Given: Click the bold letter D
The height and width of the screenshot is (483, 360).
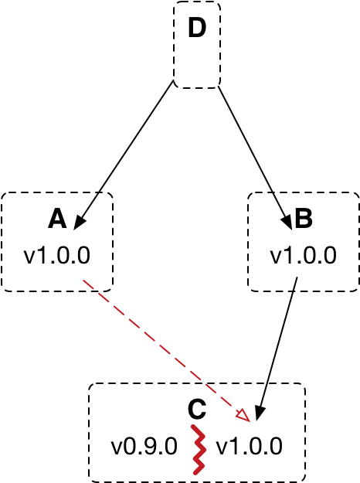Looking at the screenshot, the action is click(197, 28).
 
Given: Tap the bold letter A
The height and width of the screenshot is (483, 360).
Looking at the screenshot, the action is click(57, 219).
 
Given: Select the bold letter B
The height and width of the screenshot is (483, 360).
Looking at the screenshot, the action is click(304, 219).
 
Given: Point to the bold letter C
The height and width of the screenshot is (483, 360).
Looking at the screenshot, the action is click(197, 410).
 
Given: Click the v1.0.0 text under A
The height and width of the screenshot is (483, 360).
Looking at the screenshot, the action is click(57, 255).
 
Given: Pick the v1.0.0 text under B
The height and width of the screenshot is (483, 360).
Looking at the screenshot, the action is click(304, 255).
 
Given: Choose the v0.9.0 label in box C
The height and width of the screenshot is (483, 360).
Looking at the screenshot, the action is click(144, 447).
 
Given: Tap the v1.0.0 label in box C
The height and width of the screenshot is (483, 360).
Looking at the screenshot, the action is click(249, 447).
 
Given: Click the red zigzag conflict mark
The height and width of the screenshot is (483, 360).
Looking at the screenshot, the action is click(199, 450).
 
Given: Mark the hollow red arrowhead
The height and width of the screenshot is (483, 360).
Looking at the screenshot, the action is click(244, 416).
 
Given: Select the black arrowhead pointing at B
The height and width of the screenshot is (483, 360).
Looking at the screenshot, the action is click(287, 222).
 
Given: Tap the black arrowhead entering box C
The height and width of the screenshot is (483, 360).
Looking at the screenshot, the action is click(260, 413).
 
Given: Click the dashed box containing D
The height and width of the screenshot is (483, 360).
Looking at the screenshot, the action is click(174, 45).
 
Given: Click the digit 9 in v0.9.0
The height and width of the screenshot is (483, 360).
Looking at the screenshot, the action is click(149, 447).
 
